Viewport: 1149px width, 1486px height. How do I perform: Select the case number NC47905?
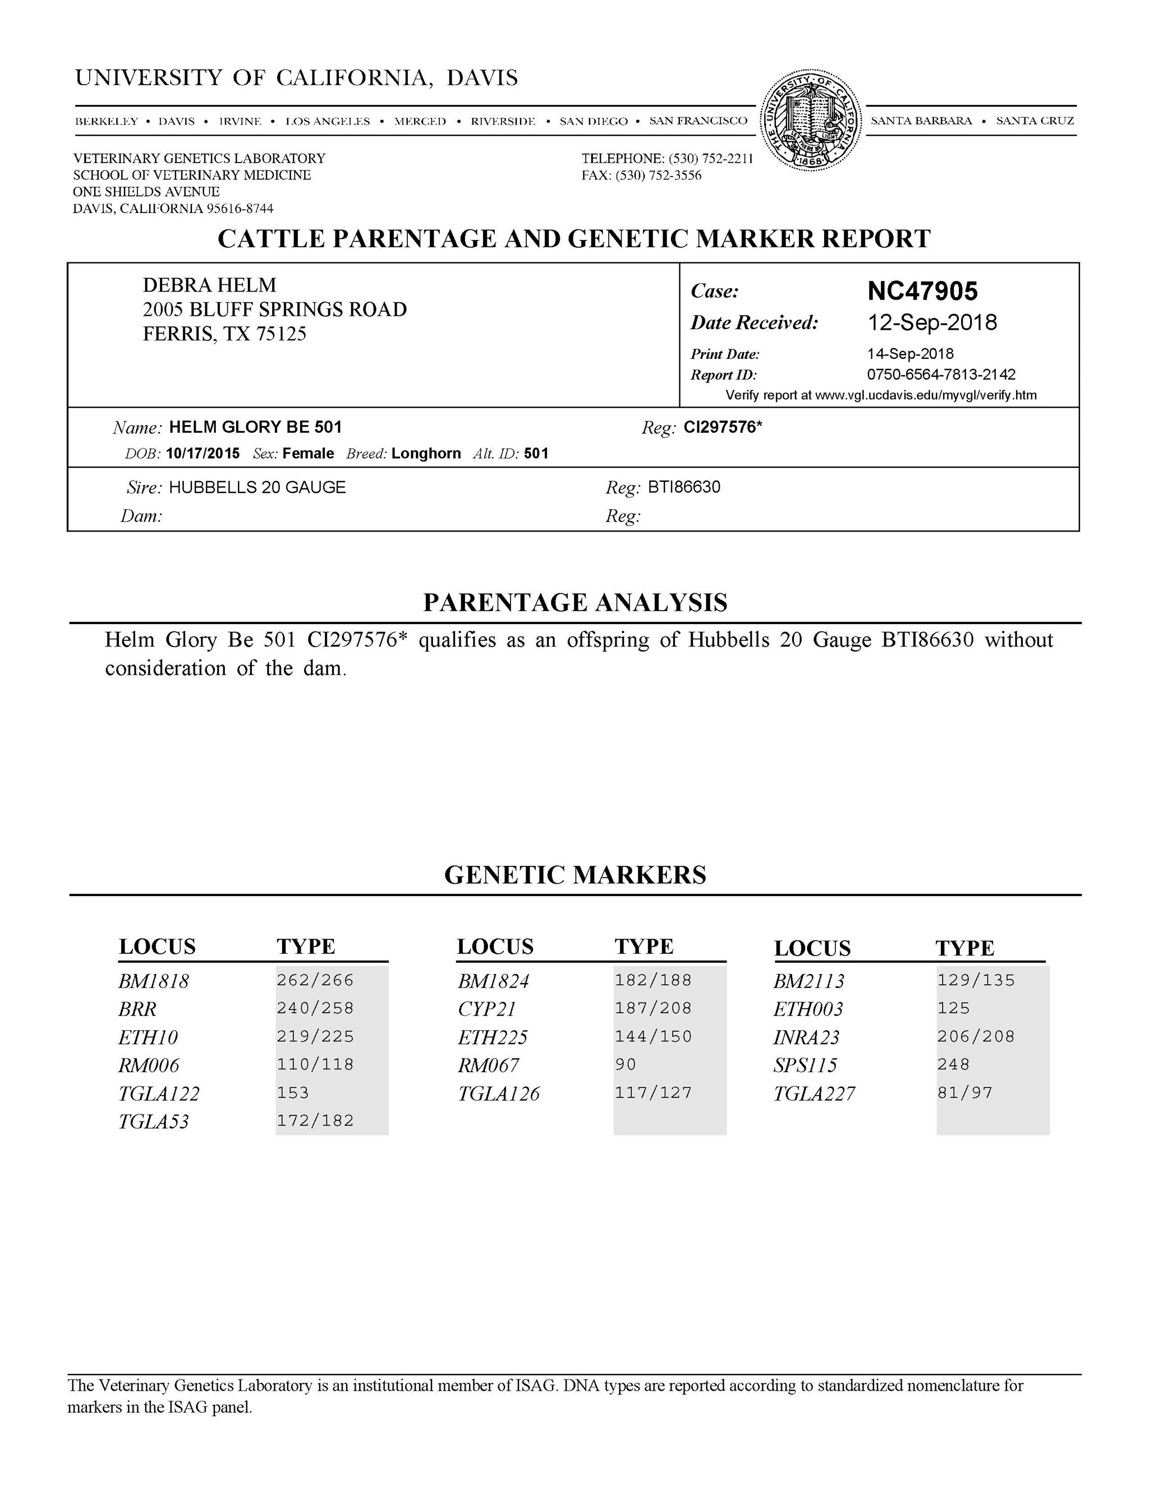(922, 291)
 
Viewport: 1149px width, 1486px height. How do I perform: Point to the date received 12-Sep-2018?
(931, 322)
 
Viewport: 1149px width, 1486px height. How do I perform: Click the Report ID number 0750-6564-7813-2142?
(941, 374)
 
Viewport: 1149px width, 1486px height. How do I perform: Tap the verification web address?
(925, 395)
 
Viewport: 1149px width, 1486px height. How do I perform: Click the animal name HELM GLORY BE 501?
(255, 427)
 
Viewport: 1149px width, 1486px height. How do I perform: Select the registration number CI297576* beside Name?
(722, 427)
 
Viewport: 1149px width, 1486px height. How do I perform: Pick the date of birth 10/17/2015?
(202, 454)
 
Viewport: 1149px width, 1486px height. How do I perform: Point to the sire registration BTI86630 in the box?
(683, 487)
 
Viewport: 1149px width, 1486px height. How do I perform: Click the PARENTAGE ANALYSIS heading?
(574, 602)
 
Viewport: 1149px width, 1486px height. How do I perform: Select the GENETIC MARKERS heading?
(574, 874)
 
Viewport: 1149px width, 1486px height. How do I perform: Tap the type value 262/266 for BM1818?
(315, 980)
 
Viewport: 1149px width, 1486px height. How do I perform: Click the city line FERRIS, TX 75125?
(224, 334)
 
